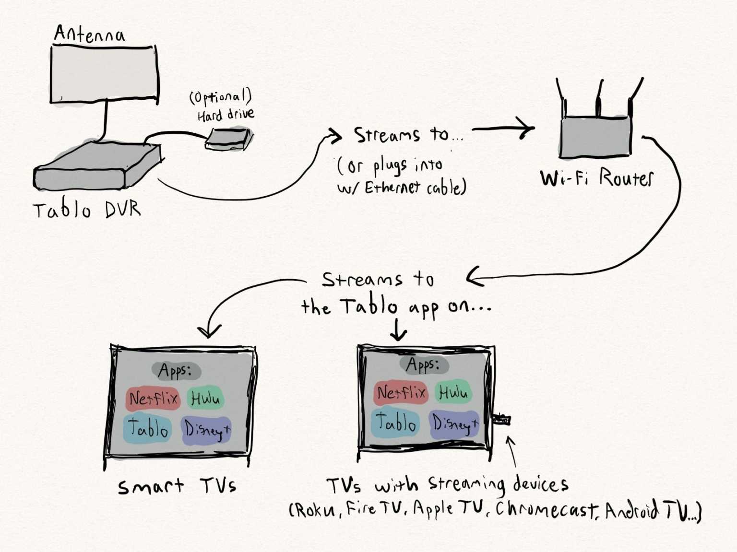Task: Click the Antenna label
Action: (89, 34)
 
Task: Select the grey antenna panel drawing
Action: (104, 74)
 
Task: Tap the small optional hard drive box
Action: (229, 139)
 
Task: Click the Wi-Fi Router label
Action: (596, 178)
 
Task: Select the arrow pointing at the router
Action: (504, 129)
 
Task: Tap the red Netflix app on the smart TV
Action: (153, 399)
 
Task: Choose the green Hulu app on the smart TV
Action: (205, 399)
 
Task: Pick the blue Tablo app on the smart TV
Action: (147, 428)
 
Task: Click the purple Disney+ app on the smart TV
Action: (207, 430)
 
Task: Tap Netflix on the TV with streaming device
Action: (401, 393)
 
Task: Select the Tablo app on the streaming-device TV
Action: (395, 423)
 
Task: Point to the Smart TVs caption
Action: (177, 487)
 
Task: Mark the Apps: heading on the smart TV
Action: (176, 370)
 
